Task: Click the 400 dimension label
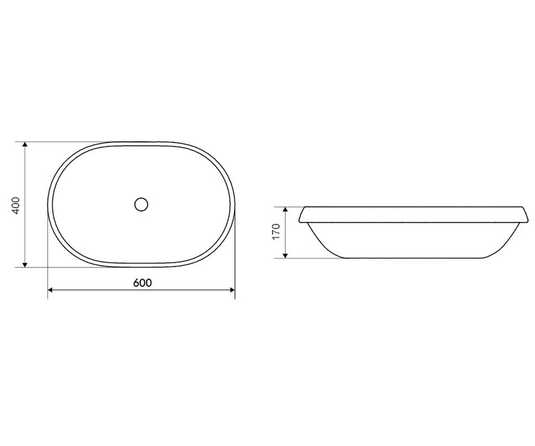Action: coord(16,206)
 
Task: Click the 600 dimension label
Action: coord(143,283)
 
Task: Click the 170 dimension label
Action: coord(276,231)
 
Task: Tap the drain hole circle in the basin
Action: coord(141,205)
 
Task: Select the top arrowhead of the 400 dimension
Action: coord(25,145)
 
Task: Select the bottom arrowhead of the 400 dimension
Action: coord(25,265)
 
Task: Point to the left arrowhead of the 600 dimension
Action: coord(50,290)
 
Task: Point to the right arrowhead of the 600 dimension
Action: coord(232,290)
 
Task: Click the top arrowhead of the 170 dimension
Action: coord(285,210)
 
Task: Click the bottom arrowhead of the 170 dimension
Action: coord(285,256)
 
